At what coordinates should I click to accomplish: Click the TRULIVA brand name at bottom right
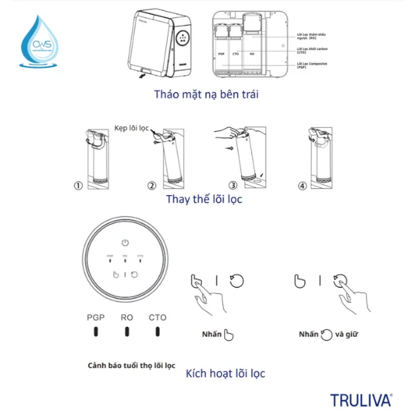coord(360,400)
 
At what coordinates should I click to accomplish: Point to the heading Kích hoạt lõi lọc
coord(225,373)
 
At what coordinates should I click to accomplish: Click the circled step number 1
coord(79,186)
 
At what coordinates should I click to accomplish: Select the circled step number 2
coord(151,186)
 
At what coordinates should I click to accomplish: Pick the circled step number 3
coord(233,186)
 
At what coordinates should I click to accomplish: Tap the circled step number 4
coord(302,186)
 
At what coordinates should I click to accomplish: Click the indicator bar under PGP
coord(95,331)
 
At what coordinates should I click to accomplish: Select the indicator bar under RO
coord(127,331)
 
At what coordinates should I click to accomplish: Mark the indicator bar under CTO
coord(158,331)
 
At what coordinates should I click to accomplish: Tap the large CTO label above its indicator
coord(158,317)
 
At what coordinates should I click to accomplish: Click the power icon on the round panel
coord(124,243)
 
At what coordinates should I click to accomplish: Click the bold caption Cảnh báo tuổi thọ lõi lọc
coord(131,365)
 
